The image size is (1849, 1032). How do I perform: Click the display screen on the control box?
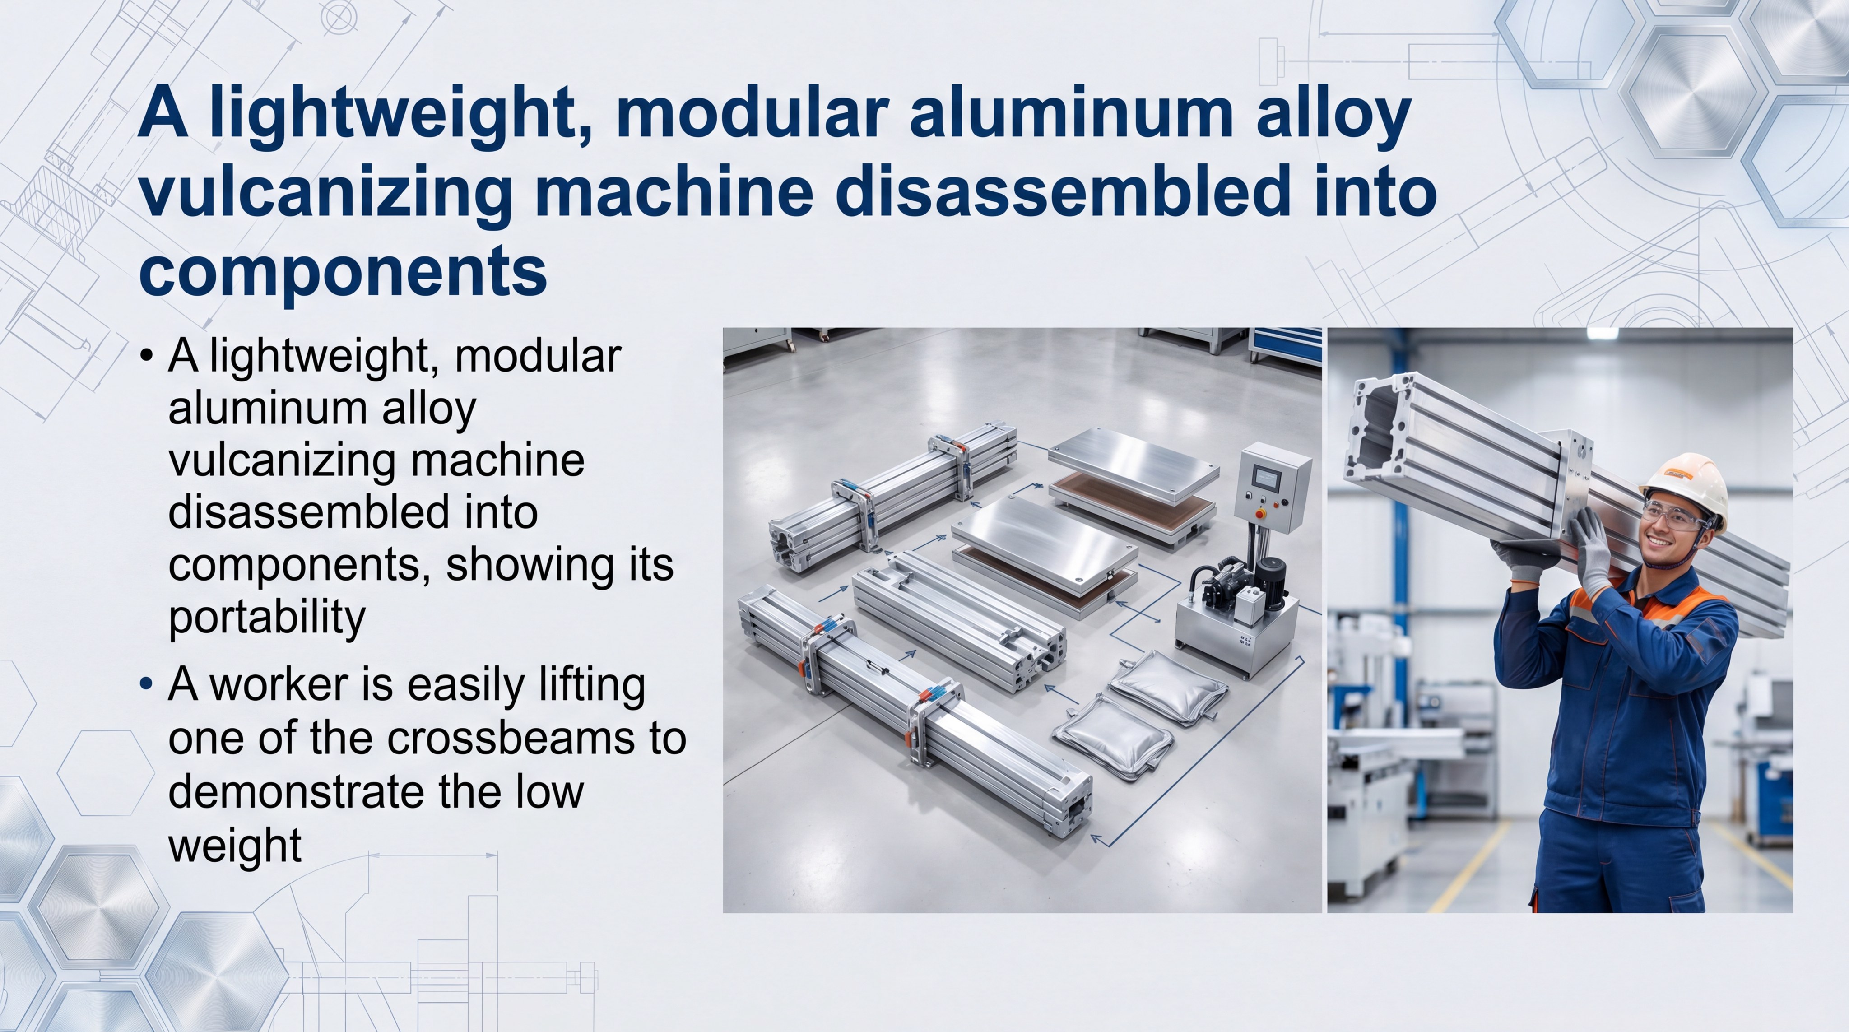pyautogui.click(x=1266, y=477)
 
